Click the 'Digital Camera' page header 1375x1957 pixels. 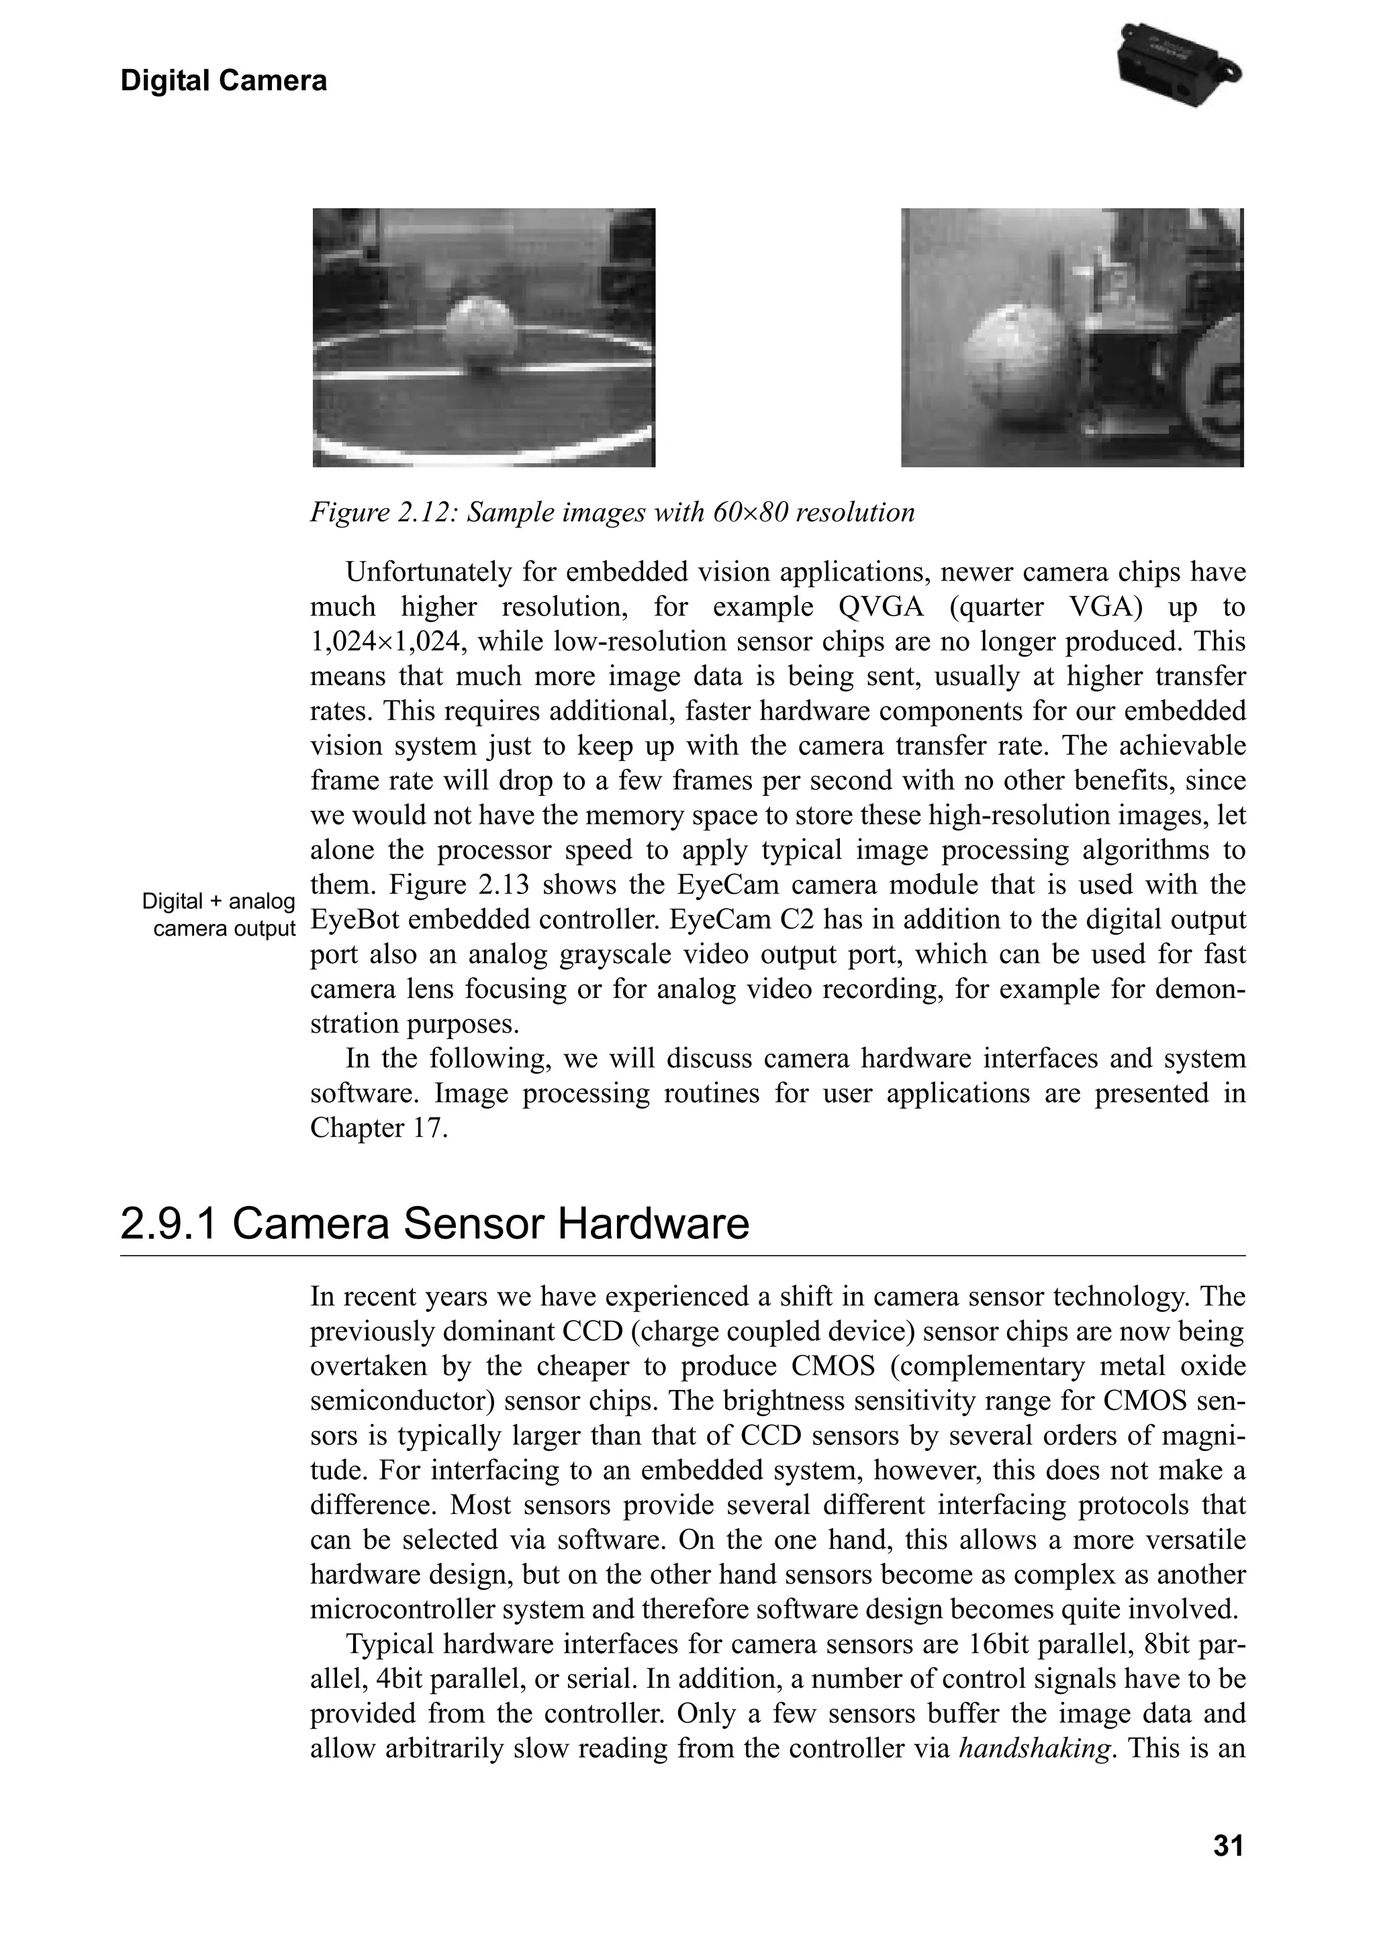point(224,81)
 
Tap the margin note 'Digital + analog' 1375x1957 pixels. point(218,902)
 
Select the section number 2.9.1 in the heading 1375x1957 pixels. point(169,1225)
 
